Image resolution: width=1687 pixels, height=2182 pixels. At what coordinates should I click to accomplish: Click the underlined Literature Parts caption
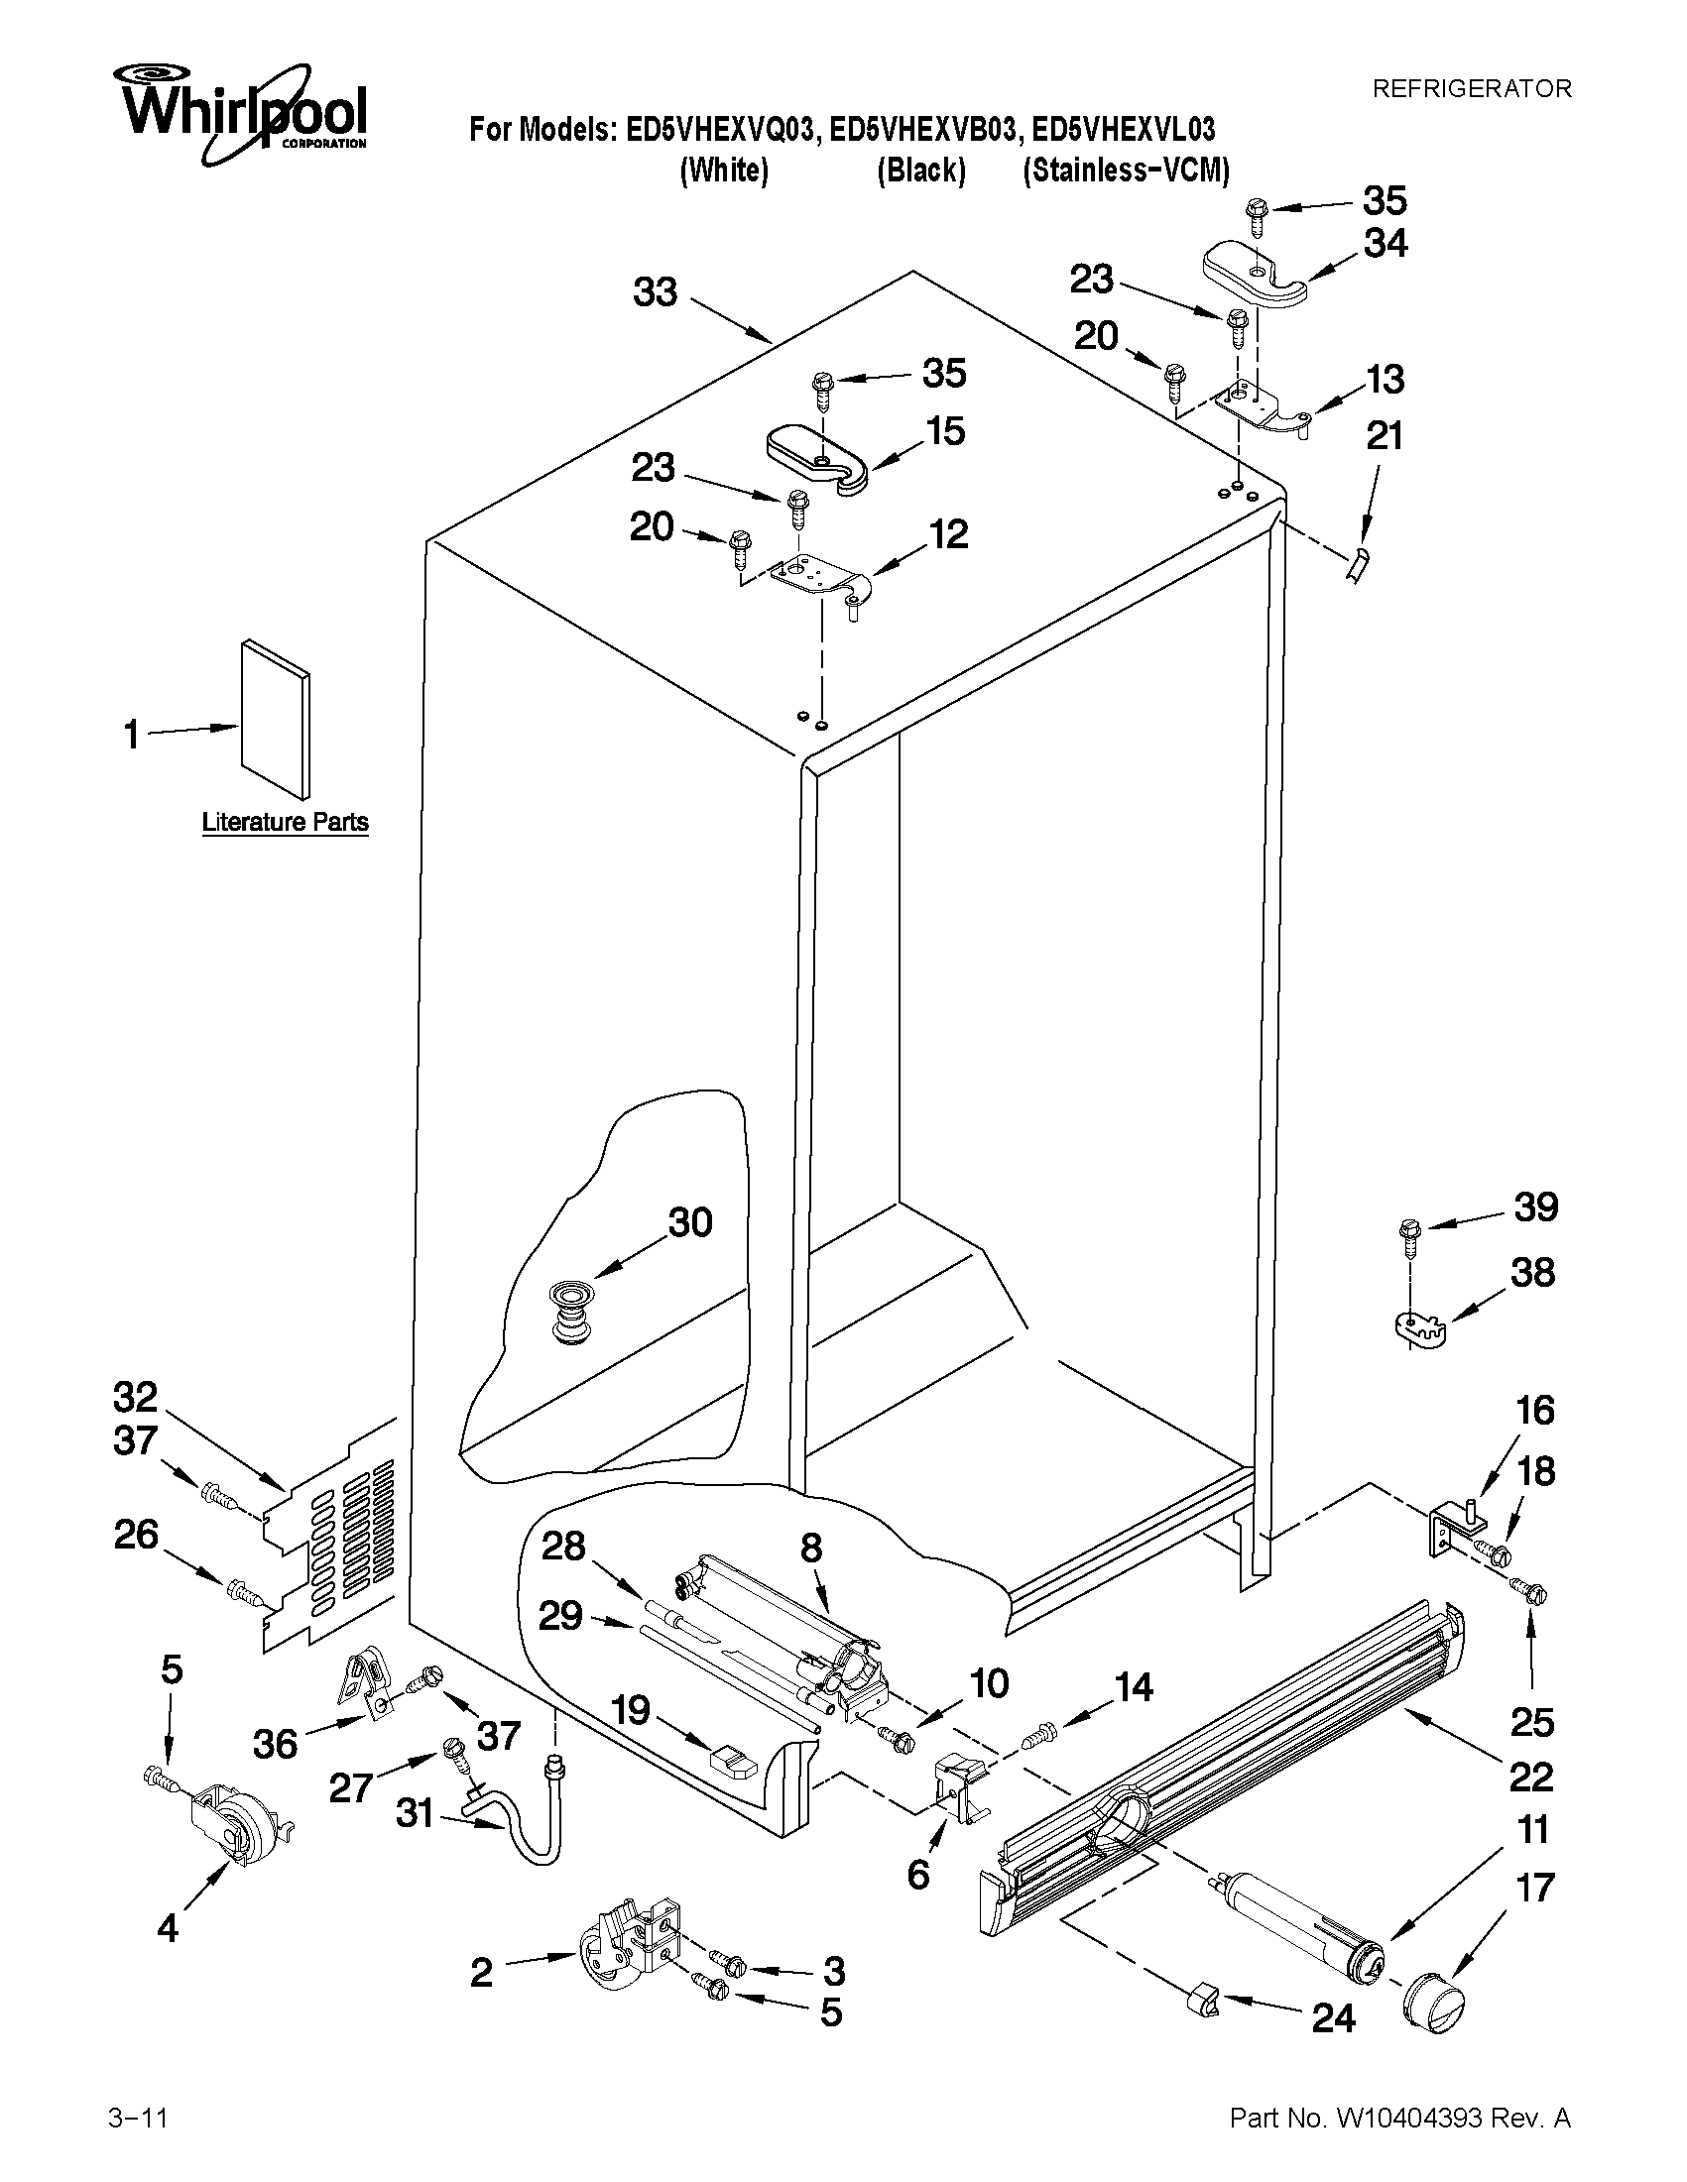point(285,822)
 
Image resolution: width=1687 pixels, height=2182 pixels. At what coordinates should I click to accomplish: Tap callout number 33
point(656,292)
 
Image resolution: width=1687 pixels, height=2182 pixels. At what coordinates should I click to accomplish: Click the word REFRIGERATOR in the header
point(1471,89)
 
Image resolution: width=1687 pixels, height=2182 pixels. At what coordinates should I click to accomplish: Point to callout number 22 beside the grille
point(1530,1776)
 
